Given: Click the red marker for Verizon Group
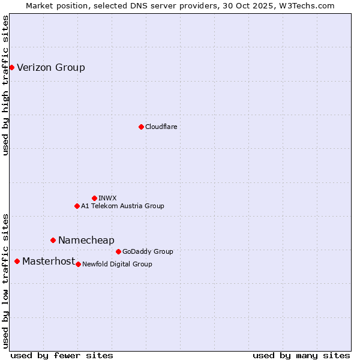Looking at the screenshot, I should tap(11, 67).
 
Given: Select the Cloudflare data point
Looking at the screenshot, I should tap(141, 127).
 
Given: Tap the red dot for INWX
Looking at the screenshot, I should tap(94, 198).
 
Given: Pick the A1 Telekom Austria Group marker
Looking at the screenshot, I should tap(77, 206).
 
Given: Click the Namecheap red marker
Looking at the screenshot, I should tap(53, 240).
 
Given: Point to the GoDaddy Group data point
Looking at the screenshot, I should tap(118, 251).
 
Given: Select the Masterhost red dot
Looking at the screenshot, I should tap(17, 261).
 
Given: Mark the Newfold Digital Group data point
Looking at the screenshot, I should tap(78, 264).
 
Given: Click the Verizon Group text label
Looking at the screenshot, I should tap(51, 67).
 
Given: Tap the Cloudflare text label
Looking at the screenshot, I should tap(161, 127).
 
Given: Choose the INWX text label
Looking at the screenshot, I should tap(107, 198).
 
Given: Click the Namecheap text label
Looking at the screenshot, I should tap(86, 240).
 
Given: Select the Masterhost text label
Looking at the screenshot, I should tap(49, 261).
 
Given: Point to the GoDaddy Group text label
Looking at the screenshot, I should tap(148, 251).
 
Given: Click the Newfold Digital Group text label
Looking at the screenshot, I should tap(117, 264).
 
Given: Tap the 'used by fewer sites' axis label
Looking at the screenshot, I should tap(62, 355).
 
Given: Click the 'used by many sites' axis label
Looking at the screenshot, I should tap(301, 355).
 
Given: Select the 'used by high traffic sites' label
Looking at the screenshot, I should tap(5, 85).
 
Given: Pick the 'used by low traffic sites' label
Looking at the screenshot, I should tap(5, 280).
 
